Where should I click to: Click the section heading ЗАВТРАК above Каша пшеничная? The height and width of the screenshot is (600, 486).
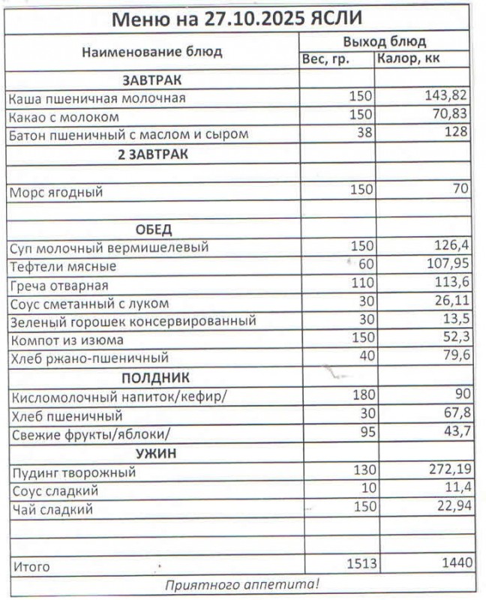152,80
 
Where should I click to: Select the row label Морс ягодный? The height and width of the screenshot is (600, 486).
56,192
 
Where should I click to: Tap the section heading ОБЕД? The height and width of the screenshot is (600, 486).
154,229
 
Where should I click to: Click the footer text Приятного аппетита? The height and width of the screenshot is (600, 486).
241,583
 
